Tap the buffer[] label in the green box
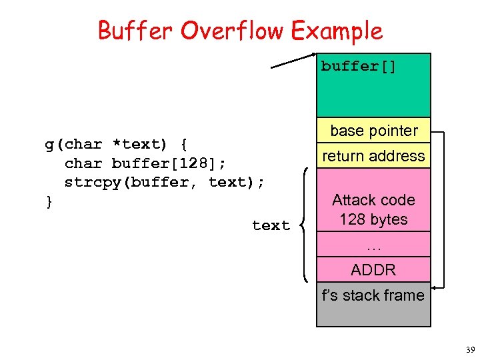[x=359, y=66]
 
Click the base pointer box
[x=373, y=131]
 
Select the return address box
[x=373, y=156]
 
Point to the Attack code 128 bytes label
[x=373, y=209]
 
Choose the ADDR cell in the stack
[x=373, y=270]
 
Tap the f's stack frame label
[x=373, y=295]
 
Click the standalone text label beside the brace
[x=271, y=226]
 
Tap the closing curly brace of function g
[x=48, y=201]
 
